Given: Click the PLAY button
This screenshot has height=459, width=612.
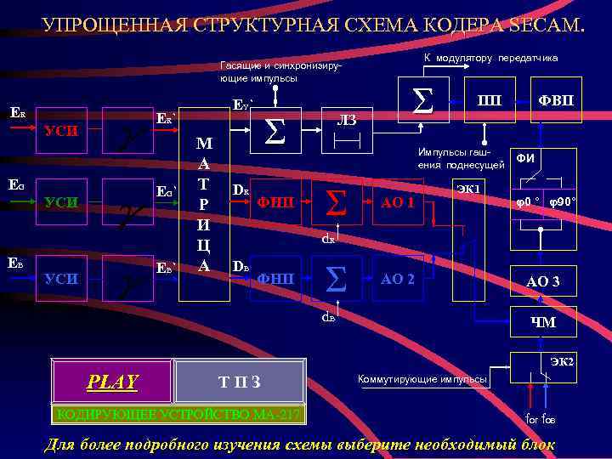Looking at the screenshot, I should (x=112, y=382).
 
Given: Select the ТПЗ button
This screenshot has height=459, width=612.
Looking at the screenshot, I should (x=240, y=382).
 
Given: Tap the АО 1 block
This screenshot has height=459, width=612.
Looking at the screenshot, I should (x=398, y=205).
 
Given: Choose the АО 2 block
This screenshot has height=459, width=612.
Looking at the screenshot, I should (x=398, y=278).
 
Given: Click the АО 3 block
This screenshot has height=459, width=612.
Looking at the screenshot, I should (x=542, y=281).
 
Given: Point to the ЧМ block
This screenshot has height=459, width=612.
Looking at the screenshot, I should (x=542, y=321).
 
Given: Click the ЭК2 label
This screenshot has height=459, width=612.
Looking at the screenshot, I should (x=562, y=363).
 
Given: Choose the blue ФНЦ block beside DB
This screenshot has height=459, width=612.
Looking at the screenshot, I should (x=275, y=278).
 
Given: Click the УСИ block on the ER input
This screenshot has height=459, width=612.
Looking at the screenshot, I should (x=61, y=130).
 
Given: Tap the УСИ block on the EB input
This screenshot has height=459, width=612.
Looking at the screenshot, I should (x=61, y=278).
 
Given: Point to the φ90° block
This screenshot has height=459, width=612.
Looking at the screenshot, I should (x=562, y=204).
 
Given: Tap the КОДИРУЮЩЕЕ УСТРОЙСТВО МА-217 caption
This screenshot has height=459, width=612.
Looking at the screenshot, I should (x=177, y=415).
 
